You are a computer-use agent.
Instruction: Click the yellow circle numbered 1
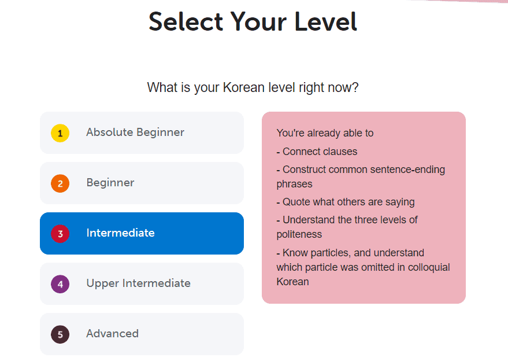click(x=60, y=133)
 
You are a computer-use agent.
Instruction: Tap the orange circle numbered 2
click(x=60, y=183)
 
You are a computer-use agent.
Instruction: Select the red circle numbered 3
click(x=60, y=234)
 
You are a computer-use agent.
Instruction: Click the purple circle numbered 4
click(x=60, y=284)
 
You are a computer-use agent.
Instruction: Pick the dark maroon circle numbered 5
click(x=60, y=334)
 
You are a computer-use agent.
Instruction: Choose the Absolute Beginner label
click(x=135, y=132)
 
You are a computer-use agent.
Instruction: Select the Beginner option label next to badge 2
click(x=110, y=183)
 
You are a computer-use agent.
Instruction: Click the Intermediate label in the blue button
click(x=120, y=233)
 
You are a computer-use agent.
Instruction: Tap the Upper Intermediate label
click(x=138, y=283)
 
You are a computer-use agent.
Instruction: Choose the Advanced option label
click(x=112, y=334)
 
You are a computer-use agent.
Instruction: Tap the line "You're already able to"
click(x=325, y=133)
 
